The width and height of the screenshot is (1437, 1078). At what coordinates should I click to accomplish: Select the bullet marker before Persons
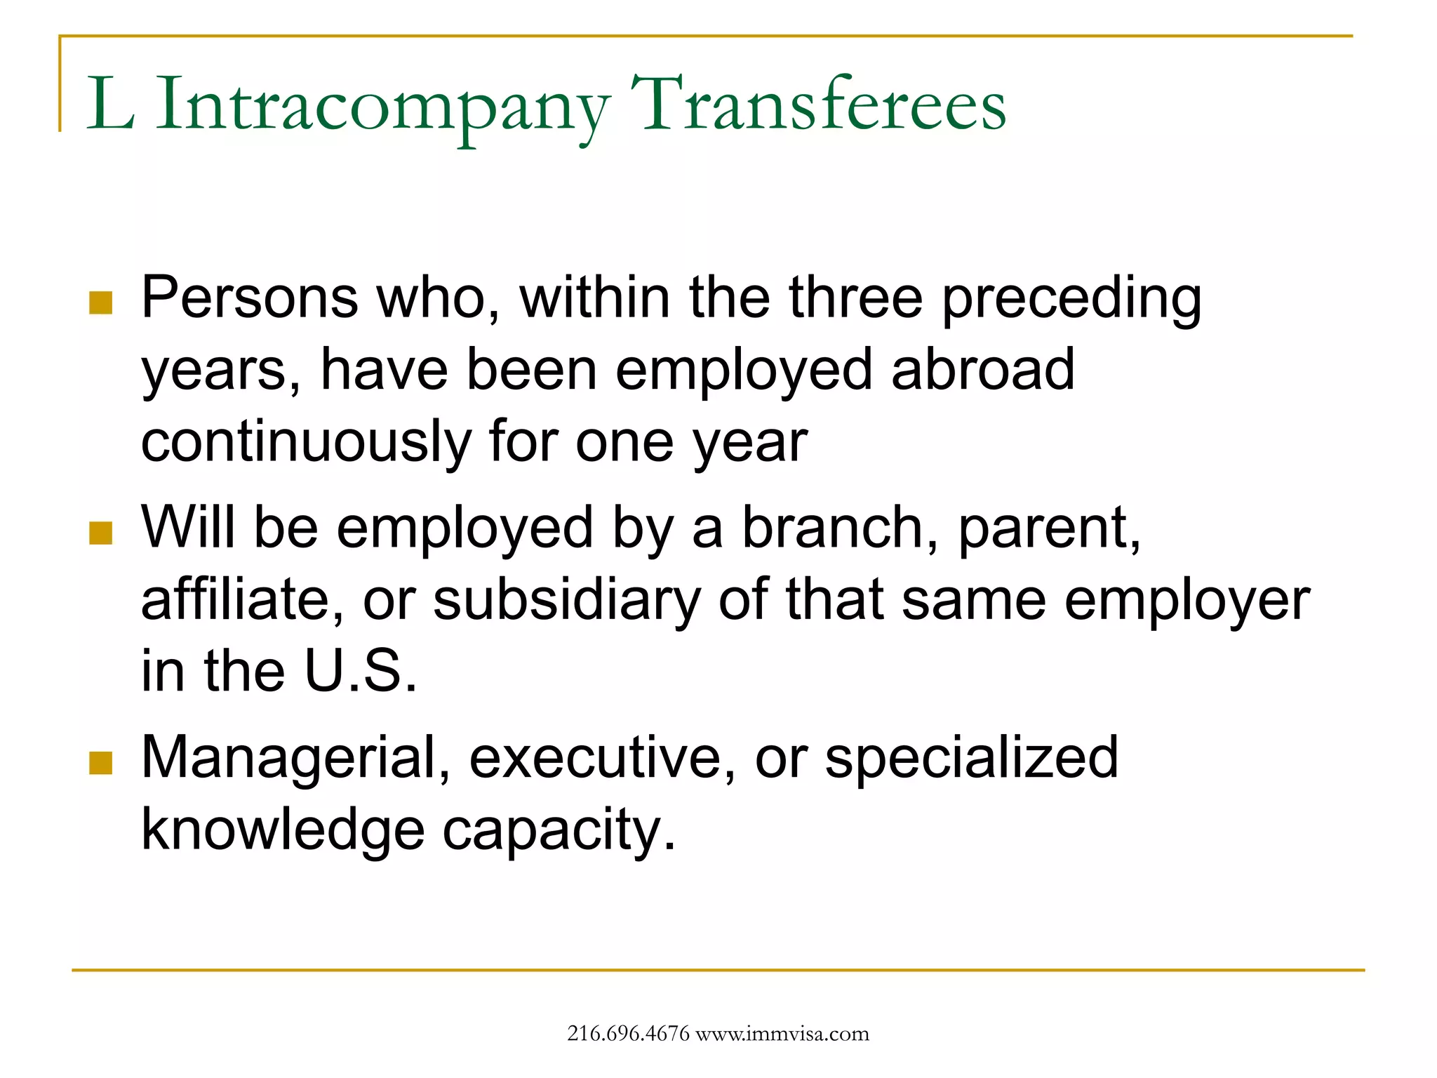[101, 303]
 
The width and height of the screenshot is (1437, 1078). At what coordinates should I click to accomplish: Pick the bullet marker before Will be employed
[101, 533]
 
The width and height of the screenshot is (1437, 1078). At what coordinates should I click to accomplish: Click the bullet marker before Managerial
[101, 763]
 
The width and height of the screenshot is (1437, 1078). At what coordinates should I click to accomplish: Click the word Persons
[250, 298]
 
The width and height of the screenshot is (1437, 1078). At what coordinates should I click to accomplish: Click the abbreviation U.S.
[361, 672]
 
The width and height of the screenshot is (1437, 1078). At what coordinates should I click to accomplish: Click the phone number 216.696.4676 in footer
[628, 1034]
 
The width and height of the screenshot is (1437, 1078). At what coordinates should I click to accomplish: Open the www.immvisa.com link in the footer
[782, 1034]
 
